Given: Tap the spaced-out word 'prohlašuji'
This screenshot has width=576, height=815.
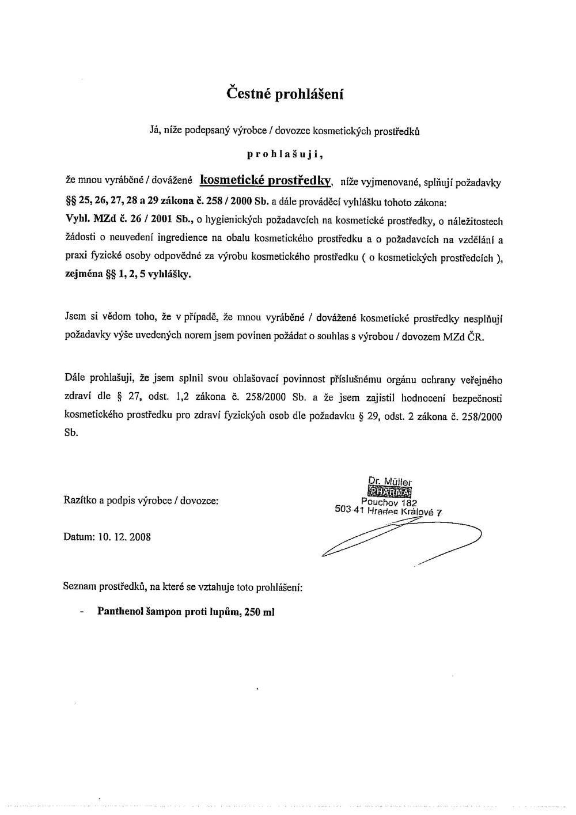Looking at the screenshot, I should click(285, 154).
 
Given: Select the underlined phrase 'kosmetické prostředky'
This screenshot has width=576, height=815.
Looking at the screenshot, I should click(266, 181).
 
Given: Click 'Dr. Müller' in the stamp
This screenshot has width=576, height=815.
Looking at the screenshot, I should click(390, 482).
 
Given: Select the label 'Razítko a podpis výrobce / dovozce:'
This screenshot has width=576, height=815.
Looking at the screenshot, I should click(141, 501).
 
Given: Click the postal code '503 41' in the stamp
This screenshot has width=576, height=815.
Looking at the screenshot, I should click(348, 510).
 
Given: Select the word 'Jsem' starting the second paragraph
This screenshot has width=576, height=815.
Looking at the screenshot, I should click(75, 316).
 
